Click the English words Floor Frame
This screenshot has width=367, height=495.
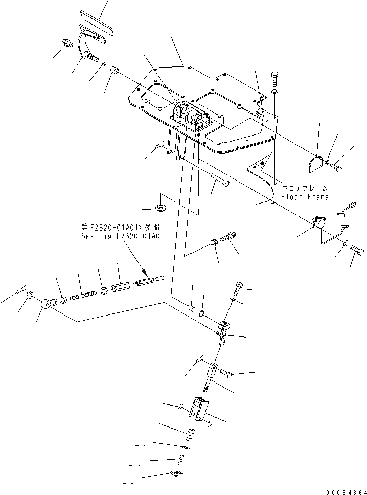click(x=305, y=197)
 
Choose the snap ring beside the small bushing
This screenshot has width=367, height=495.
click(x=203, y=313)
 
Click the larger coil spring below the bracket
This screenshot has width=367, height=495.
click(x=190, y=433)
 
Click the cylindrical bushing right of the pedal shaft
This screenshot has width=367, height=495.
click(x=115, y=70)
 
